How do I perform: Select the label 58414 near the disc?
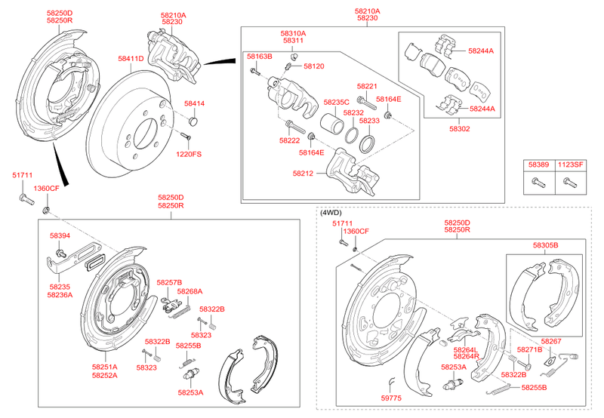(194, 103)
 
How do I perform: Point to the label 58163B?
(259, 57)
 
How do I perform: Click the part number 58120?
(313, 66)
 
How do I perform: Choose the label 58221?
(368, 87)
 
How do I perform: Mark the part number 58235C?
(337, 102)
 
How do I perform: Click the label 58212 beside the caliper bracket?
(303, 173)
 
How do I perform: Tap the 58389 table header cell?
(538, 164)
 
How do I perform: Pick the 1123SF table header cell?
(571, 164)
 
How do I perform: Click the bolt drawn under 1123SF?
(569, 181)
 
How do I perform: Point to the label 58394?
(60, 235)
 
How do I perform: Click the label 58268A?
(190, 291)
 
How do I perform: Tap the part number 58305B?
(544, 246)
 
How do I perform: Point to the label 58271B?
(529, 350)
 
